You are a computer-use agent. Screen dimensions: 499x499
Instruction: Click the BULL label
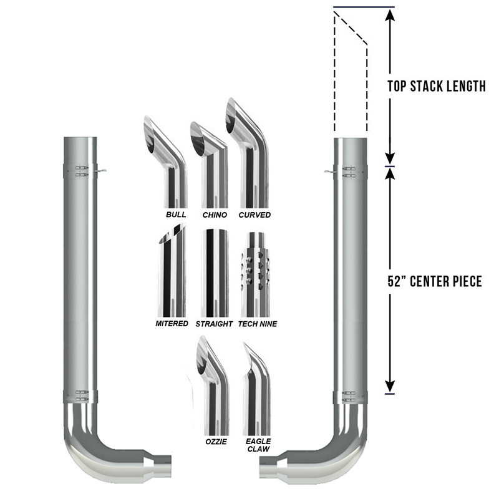click(176, 215)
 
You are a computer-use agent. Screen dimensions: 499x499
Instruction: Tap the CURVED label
click(254, 215)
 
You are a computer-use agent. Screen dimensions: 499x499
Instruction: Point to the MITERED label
click(172, 324)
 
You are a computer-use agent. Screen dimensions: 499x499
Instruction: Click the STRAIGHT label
click(213, 324)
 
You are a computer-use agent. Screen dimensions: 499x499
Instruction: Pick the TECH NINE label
click(258, 324)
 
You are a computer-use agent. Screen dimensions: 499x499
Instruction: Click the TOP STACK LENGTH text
click(436, 87)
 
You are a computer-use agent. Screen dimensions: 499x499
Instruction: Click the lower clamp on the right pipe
click(350, 396)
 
